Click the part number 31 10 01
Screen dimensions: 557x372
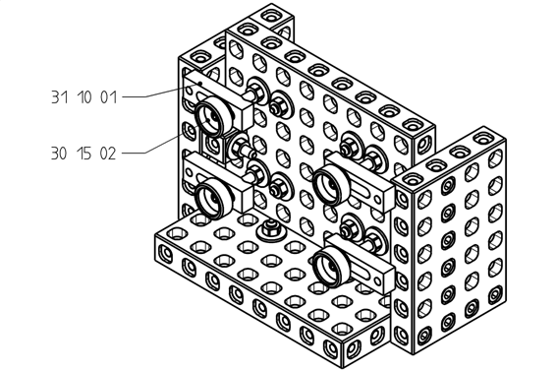tap(84, 96)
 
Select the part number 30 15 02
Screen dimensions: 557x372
tap(84, 154)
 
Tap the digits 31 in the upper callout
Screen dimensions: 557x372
tap(59, 96)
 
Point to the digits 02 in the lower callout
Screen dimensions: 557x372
tap(108, 154)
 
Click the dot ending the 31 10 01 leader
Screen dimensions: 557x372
tap(200, 84)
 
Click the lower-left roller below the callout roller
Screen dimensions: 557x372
tap(212, 197)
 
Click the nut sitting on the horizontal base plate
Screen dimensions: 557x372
tap(271, 229)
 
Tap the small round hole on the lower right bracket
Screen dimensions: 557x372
tap(378, 281)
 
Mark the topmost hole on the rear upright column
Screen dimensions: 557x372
tap(271, 16)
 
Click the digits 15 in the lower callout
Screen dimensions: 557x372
tap(84, 154)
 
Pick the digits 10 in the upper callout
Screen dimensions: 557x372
tap(84, 96)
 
